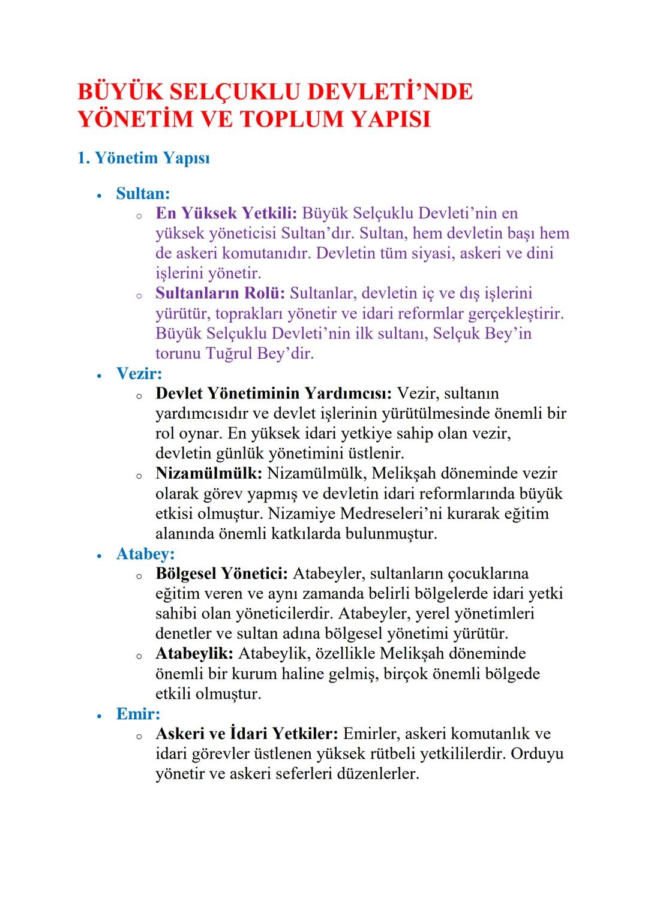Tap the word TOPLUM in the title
click(292, 119)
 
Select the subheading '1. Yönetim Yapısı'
click(143, 158)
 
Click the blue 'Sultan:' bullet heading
click(143, 193)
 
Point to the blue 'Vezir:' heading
click(139, 373)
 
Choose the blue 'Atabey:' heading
click(145, 553)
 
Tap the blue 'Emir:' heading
click(138, 714)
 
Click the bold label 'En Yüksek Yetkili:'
click(226, 213)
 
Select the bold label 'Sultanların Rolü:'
click(220, 293)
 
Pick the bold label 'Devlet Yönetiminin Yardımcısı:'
click(274, 394)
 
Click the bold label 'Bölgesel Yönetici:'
click(221, 573)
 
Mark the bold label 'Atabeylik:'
click(194, 653)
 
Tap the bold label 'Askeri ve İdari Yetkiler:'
click(247, 734)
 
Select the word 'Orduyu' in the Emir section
click(537, 753)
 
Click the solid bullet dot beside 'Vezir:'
click(99, 375)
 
